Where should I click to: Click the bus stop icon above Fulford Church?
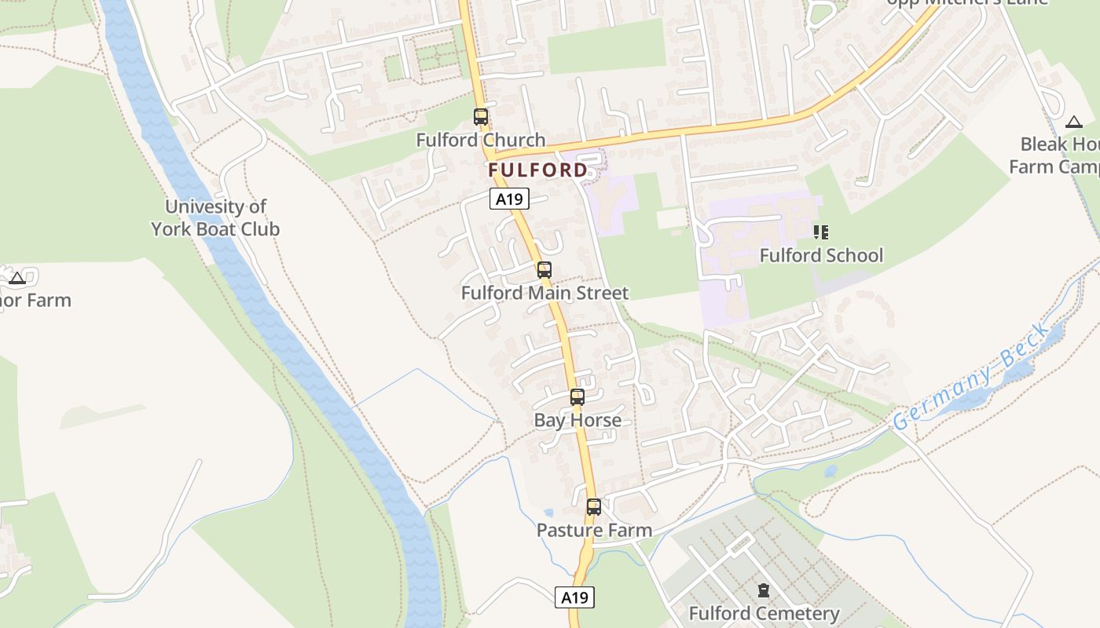point(480,117)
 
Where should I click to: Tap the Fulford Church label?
point(480,141)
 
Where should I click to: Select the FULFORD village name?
point(537,170)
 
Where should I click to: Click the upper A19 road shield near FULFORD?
point(510,199)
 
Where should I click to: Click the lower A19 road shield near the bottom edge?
point(574,597)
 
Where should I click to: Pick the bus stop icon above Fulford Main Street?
point(544,270)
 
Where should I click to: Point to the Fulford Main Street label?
point(544,294)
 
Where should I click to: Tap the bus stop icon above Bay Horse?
point(577,397)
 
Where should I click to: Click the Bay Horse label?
point(577,421)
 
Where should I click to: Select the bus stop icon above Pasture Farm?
point(594,507)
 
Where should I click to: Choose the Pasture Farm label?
point(594,531)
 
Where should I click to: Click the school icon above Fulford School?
point(821,232)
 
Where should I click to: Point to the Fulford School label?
point(821,256)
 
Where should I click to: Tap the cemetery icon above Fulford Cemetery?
point(763,590)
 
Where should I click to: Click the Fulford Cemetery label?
point(764,613)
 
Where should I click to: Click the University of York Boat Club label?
point(215,218)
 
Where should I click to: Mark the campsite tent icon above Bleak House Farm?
point(1074,122)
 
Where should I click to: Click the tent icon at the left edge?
point(17,277)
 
